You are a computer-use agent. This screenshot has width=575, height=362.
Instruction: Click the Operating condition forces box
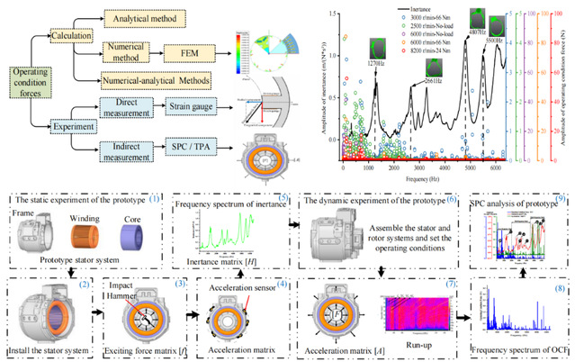(35, 85)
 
